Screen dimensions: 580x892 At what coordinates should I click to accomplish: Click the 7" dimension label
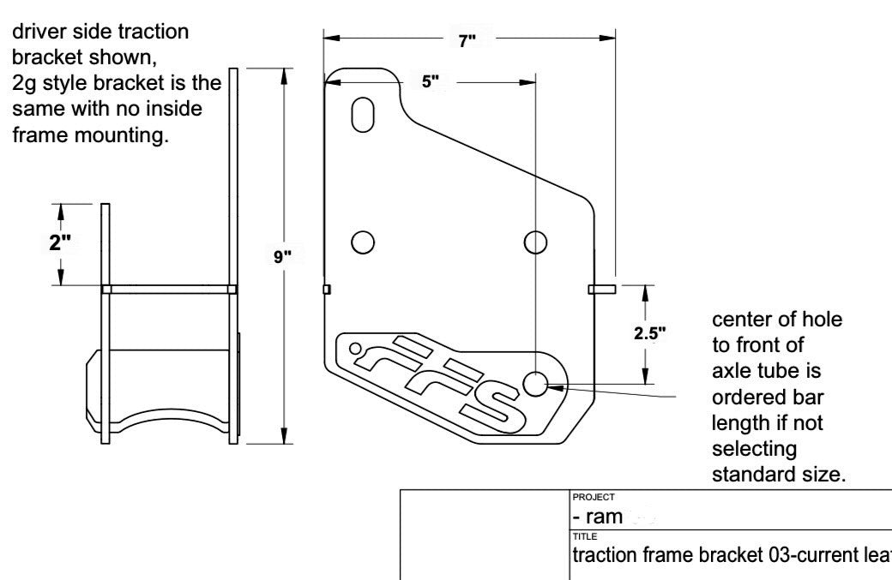(x=467, y=41)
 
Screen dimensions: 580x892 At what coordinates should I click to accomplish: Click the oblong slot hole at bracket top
(x=364, y=115)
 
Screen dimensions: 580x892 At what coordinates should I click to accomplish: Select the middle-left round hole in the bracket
(x=363, y=242)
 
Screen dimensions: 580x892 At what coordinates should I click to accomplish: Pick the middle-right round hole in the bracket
(x=536, y=242)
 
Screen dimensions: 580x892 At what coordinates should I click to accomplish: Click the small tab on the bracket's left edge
(x=326, y=290)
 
